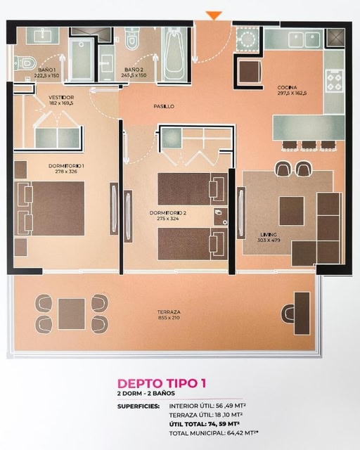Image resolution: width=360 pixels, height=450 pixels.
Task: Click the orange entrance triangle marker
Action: pos(214,15)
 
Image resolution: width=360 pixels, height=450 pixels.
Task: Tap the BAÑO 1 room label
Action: pos(47,70)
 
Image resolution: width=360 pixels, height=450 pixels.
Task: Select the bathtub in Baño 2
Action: pos(174,55)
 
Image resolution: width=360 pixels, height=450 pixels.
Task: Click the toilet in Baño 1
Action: pos(25,63)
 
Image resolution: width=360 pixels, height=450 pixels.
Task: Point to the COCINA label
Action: pos(287,87)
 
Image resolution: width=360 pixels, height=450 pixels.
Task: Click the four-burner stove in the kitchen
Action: pos(335,81)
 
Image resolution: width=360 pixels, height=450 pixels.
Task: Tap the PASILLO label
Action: pos(164,106)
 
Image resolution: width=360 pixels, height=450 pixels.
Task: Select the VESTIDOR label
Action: pos(61,98)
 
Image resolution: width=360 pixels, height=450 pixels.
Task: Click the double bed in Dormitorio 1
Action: pos(51,208)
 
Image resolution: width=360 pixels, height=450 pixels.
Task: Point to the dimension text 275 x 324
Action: pos(165,219)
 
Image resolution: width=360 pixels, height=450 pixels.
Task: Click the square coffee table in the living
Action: pos(292,211)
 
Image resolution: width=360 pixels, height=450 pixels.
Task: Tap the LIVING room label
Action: pos(269,235)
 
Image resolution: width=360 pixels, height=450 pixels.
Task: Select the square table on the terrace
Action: pos(72,314)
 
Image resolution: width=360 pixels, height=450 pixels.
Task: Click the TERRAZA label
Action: pos(169,312)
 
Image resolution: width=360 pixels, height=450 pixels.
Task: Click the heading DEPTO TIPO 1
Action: pos(162,383)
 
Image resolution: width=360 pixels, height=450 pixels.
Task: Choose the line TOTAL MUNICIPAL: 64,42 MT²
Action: pos(214,433)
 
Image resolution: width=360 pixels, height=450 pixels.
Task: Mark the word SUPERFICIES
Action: pos(139,406)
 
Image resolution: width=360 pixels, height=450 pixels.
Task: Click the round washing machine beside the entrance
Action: pos(247,39)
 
